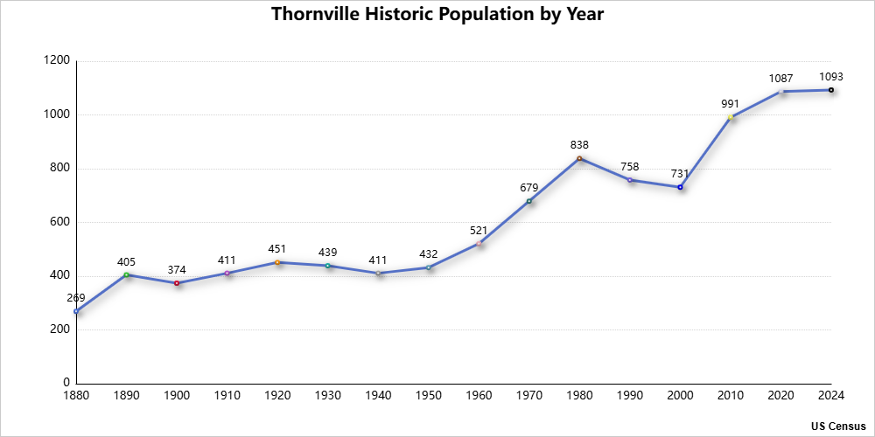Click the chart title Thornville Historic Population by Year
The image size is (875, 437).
[x=437, y=15]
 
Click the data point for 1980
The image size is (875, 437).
[x=579, y=158]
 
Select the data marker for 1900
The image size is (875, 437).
[x=177, y=283]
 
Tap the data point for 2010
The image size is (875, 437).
[x=731, y=117]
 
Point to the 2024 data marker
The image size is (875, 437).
[x=831, y=90]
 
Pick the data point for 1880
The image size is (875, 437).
[x=76, y=311]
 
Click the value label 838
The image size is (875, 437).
[x=579, y=144]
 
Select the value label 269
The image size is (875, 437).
[x=76, y=298]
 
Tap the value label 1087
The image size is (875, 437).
[x=780, y=79]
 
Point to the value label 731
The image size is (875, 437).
[x=680, y=173]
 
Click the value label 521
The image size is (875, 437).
[x=479, y=230]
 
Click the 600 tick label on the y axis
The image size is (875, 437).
[x=59, y=222]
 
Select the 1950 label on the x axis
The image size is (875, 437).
[x=429, y=396]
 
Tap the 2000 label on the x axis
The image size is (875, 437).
[x=680, y=396]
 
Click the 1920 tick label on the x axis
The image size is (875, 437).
[x=277, y=396]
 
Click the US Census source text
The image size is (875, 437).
[x=838, y=426]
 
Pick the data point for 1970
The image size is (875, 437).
[x=529, y=201]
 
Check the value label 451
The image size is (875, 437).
[x=277, y=249]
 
